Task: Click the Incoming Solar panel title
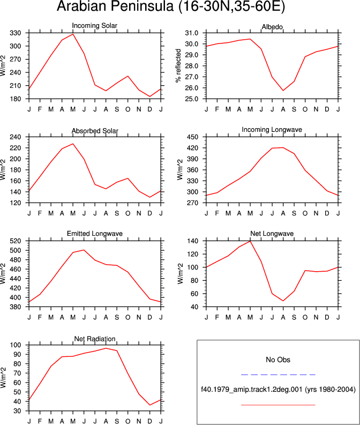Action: click(x=94, y=26)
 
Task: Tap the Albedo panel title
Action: click(x=272, y=27)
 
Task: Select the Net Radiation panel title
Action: click(x=95, y=339)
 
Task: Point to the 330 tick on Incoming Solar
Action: click(x=15, y=33)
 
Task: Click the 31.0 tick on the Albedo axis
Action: click(x=191, y=33)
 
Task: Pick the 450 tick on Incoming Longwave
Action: click(x=193, y=137)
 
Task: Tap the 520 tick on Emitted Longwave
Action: click(x=15, y=241)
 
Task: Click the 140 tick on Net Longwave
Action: click(x=193, y=241)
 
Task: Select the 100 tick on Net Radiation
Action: click(x=16, y=345)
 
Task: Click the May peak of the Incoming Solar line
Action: click(x=73, y=34)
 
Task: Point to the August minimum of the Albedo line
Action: click(x=283, y=90)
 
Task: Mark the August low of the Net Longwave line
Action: click(x=283, y=301)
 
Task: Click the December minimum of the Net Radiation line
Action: click(x=150, y=405)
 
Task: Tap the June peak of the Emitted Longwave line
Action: click(x=84, y=250)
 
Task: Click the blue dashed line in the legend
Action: click(x=278, y=375)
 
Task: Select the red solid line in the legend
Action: click(x=278, y=405)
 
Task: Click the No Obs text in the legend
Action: click(x=278, y=360)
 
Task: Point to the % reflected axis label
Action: click(x=178, y=65)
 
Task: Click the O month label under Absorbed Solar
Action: click(x=128, y=214)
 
